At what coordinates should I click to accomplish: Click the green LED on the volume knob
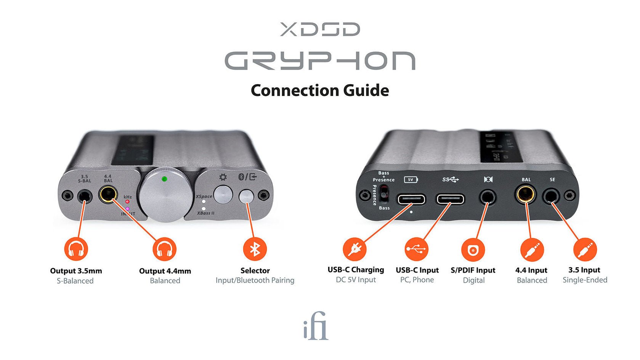[x=164, y=179]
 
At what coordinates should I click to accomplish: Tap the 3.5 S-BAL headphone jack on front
[x=85, y=197]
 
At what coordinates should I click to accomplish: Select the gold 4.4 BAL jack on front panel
[x=108, y=195]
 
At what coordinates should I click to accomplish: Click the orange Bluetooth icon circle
[x=255, y=249]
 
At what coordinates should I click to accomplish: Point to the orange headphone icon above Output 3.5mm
[x=76, y=249]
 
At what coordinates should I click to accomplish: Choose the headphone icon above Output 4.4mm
[x=164, y=249]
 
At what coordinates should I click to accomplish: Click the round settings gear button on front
[x=223, y=195]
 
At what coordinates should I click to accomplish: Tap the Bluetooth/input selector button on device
[x=246, y=197]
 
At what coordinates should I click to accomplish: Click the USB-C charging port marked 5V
[x=411, y=199]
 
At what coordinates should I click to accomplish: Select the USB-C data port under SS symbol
[x=450, y=199]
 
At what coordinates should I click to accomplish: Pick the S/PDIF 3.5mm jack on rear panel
[x=488, y=197]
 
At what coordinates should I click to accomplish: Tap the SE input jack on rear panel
[x=551, y=197]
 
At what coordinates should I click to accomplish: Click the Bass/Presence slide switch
[x=384, y=193]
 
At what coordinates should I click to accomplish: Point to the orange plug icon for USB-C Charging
[x=354, y=249]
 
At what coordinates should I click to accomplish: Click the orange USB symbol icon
[x=416, y=249]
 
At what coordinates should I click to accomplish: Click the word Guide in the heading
[x=366, y=91]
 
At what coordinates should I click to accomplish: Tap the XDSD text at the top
[x=320, y=29]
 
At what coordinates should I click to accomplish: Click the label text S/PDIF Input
[x=473, y=270]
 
